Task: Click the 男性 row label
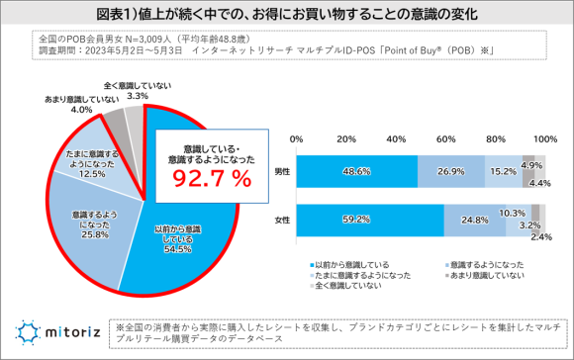(283, 171)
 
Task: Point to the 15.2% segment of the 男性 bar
(502, 171)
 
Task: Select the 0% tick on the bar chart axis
(296, 137)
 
